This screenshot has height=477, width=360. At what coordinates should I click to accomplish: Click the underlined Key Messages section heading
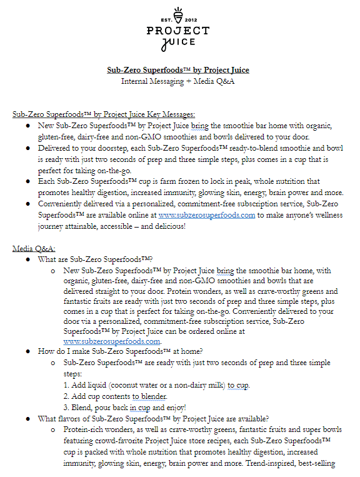click(104, 114)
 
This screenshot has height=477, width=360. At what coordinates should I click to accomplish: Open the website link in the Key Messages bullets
click(207, 215)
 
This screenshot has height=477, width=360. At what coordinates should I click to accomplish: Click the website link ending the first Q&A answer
click(112, 341)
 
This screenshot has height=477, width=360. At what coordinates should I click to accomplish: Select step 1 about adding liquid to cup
click(156, 385)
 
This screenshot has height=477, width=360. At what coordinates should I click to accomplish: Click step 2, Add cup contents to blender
click(115, 396)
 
